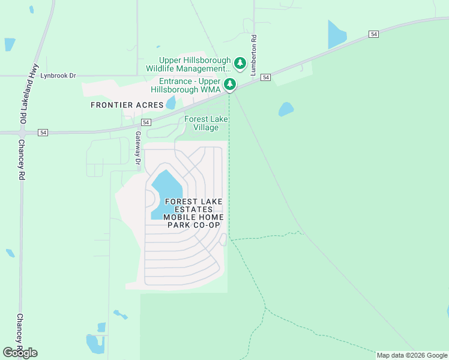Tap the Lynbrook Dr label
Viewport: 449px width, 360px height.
(58, 76)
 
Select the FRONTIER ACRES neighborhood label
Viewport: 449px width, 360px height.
(127, 105)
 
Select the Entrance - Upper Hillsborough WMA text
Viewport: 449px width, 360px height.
(190, 85)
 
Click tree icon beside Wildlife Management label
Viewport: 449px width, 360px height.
(240, 63)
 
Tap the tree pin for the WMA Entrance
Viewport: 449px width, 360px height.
(230, 84)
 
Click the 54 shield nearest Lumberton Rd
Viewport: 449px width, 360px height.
(266, 77)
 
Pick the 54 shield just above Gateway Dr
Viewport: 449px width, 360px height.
(138, 122)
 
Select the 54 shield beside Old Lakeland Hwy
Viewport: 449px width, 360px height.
(43, 132)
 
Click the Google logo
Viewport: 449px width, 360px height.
(20, 353)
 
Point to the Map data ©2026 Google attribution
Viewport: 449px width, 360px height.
(412, 355)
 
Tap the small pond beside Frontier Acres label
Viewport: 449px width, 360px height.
(171, 102)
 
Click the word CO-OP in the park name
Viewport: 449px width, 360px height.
(206, 225)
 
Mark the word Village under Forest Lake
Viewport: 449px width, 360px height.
(206, 127)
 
